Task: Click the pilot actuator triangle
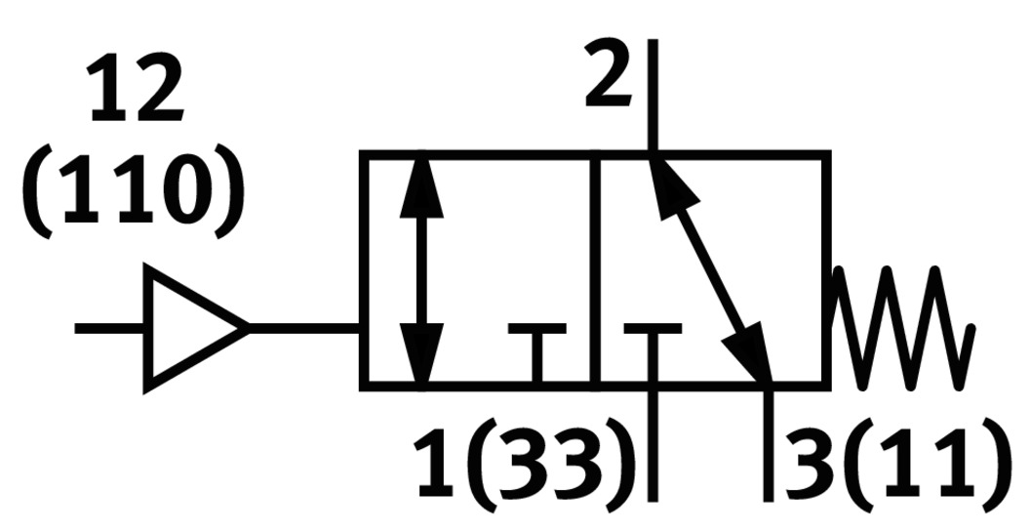[x=190, y=328]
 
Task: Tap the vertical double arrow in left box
[x=421, y=268]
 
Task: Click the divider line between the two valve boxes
[x=596, y=268]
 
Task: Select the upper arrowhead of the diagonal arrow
[x=668, y=181]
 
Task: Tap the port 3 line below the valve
[x=769, y=444]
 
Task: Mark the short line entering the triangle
[x=110, y=328]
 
